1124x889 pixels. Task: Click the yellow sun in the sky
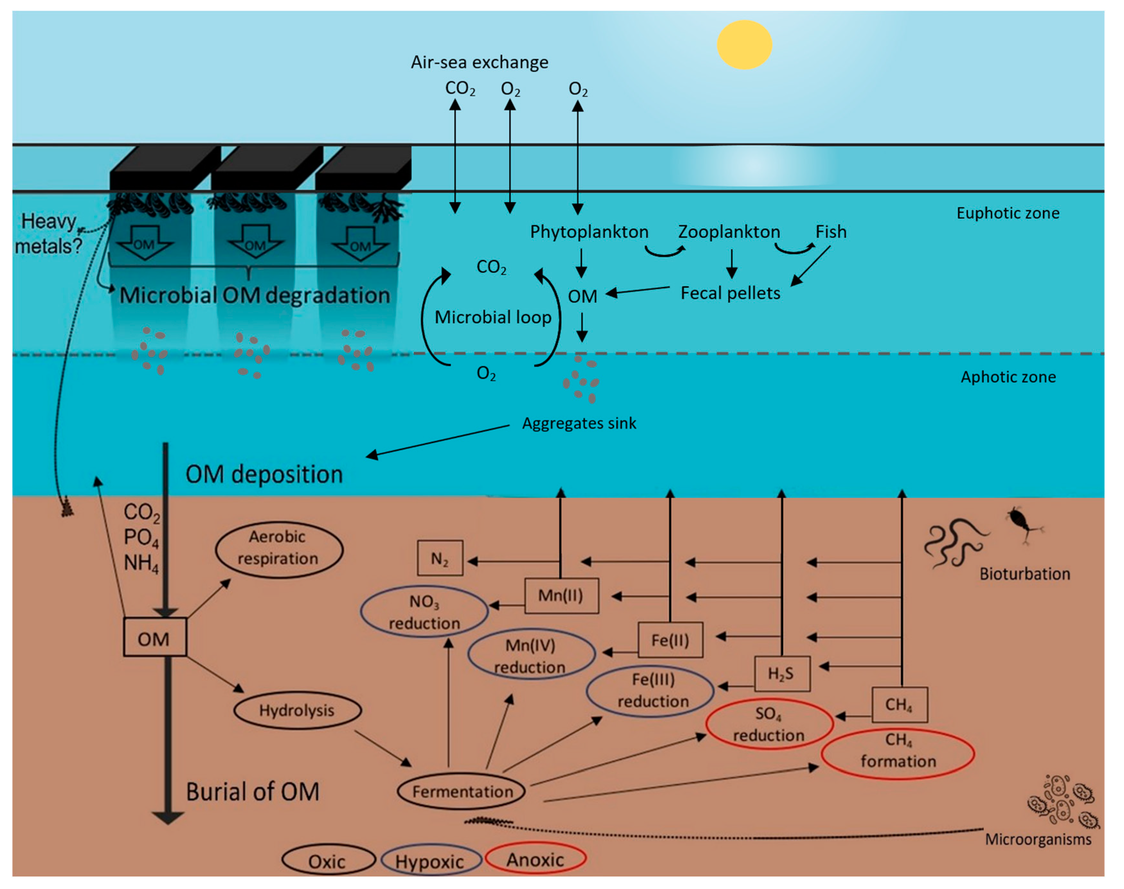pyautogui.click(x=744, y=45)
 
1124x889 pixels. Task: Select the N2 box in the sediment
pyautogui.click(x=440, y=558)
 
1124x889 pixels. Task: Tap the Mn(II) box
pyautogui.click(x=561, y=596)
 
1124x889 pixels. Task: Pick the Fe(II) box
pyautogui.click(x=670, y=640)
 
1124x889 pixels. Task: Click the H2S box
pyautogui.click(x=782, y=674)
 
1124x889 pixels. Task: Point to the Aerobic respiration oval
pyautogui.click(x=279, y=549)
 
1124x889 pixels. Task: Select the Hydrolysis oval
pyautogui.click(x=297, y=711)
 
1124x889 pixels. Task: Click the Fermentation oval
pyautogui.click(x=461, y=791)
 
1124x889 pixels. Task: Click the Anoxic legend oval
pyautogui.click(x=535, y=859)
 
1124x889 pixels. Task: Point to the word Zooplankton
pyautogui.click(x=729, y=232)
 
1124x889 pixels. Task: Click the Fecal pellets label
pyautogui.click(x=731, y=293)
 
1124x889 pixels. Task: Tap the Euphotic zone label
pyautogui.click(x=1008, y=213)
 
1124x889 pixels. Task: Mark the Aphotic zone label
pyautogui.click(x=1008, y=377)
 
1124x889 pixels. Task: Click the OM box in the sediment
pyautogui.click(x=155, y=637)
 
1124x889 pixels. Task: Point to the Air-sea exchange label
pyautogui.click(x=479, y=62)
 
